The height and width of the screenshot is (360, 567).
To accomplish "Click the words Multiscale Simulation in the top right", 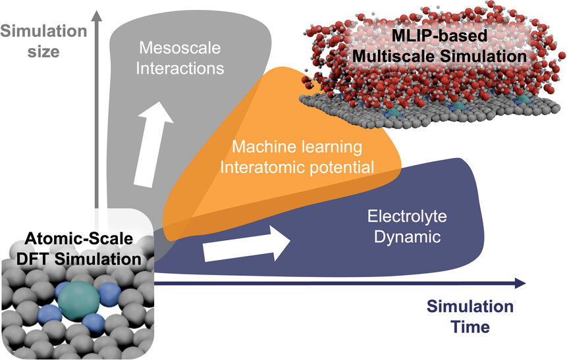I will click(x=439, y=57).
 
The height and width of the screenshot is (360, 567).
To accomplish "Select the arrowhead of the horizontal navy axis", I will click(x=520, y=283).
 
